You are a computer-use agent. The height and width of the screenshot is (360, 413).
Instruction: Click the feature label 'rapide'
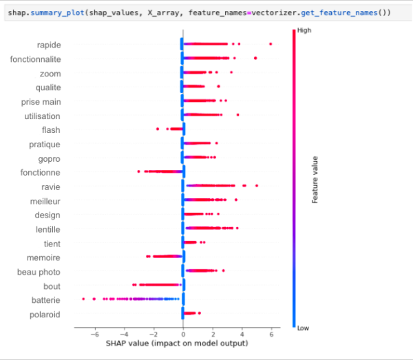click(x=48, y=45)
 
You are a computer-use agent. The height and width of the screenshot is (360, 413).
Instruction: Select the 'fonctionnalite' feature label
click(x=35, y=60)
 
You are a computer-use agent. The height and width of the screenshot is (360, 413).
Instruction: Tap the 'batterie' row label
click(x=45, y=301)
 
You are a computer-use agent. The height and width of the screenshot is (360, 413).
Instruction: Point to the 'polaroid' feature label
click(x=45, y=315)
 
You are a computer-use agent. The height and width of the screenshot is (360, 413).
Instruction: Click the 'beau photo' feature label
click(x=40, y=273)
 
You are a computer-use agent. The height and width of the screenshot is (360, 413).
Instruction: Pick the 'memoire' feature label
click(x=43, y=258)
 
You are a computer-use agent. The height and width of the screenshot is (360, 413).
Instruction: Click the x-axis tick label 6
click(x=271, y=334)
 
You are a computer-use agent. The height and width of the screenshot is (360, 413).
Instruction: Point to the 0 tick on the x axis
click(x=183, y=334)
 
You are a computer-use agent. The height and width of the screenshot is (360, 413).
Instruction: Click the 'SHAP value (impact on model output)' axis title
click(x=177, y=343)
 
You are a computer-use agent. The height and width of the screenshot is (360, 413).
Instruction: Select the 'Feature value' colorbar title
click(x=315, y=180)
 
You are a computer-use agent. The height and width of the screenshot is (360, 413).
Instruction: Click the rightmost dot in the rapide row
click(x=271, y=44)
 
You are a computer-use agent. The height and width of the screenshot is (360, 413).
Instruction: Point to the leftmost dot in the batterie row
click(x=83, y=299)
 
